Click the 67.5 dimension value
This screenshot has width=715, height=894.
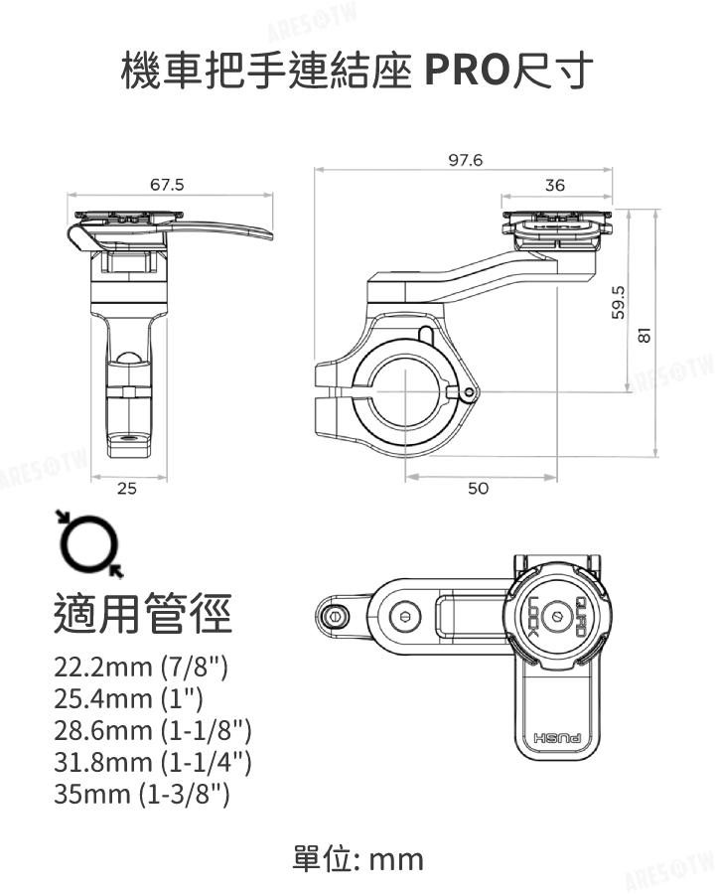pos(167,184)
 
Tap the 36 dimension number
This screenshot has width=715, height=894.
pos(554,186)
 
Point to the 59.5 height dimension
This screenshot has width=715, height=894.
pos(621,300)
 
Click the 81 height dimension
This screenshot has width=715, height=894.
pos(644,335)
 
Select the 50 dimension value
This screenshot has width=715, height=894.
pos(479,489)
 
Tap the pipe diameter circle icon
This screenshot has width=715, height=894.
pos(89,543)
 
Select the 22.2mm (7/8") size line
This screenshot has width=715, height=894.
pos(141,666)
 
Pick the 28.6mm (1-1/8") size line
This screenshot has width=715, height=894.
pos(153,730)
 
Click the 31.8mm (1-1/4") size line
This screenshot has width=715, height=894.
pos(153,762)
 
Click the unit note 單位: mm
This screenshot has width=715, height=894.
pos(357,858)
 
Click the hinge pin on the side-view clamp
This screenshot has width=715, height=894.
pos(458,395)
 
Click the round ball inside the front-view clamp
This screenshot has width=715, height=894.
pos(127,361)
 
